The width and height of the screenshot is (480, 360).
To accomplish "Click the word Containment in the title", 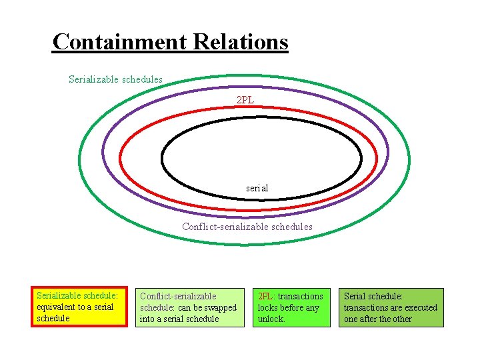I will (120, 42).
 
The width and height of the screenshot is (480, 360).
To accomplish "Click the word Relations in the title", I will (241, 42).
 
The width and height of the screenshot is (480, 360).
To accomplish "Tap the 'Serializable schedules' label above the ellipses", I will (115, 79).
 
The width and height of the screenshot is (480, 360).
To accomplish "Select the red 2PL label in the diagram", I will (245, 100).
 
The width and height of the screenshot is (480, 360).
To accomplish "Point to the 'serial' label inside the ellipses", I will (257, 188).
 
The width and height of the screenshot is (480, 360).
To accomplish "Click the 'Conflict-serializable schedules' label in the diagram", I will (247, 227).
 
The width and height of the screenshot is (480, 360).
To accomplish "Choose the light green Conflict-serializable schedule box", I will (189, 307).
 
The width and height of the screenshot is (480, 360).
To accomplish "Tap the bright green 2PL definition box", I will (291, 307).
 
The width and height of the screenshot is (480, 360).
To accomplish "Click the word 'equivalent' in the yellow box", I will (55, 307).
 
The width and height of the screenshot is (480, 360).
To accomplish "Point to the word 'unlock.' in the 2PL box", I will (271, 319).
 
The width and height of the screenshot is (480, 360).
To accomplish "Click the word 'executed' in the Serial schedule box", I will (421, 308).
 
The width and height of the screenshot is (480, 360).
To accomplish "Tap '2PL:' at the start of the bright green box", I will (266, 296).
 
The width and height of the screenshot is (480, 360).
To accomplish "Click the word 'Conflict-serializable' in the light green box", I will (178, 296).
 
